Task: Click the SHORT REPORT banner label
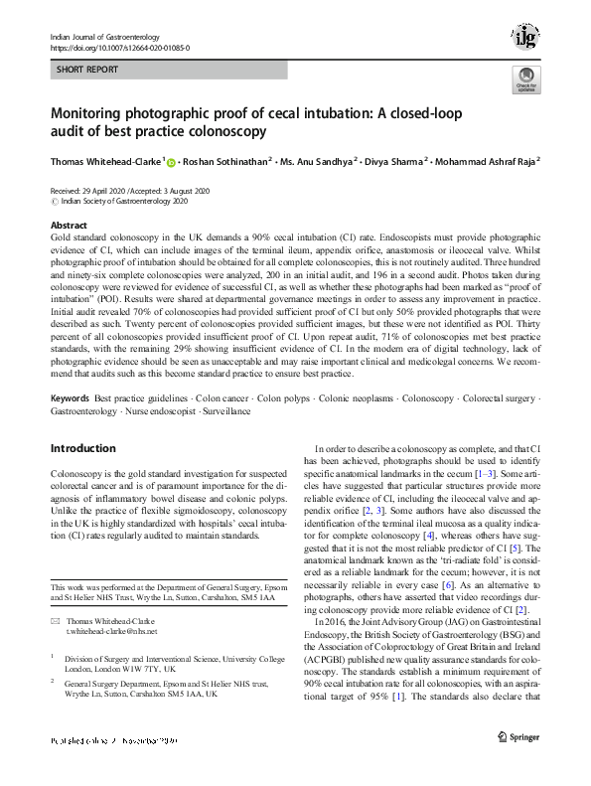[88, 70]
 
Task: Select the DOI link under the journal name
[120, 47]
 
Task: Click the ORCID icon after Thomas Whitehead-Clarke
[170, 162]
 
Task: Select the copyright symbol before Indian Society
[54, 201]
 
